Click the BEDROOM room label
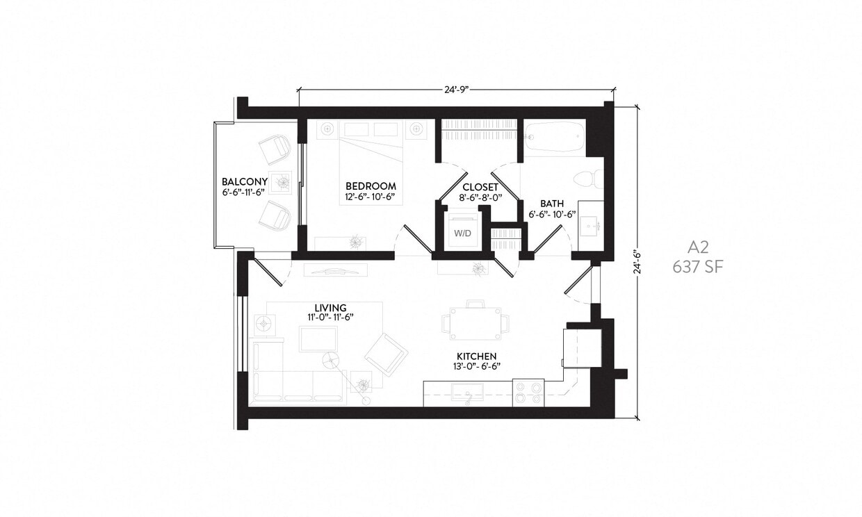coord(371,186)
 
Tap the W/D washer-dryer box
coord(462,233)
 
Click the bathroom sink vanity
coord(591,222)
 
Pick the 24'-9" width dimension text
coord(456,90)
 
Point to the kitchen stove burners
coord(528,393)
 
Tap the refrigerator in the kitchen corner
coord(582,347)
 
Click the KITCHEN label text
coord(476,356)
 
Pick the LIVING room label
coord(330,308)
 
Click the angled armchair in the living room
coord(386,354)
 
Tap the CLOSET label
coord(480,188)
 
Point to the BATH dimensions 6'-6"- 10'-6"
coord(552,215)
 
